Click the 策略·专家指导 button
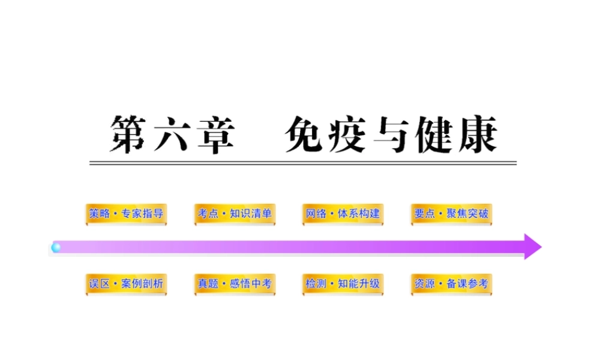[126, 214]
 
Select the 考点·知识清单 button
[235, 214]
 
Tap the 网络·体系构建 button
[343, 214]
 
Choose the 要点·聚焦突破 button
[451, 214]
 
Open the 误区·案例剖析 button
[126, 284]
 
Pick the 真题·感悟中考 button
[235, 284]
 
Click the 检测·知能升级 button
[343, 284]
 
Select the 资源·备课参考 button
[451, 284]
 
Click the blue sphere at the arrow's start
[56, 247]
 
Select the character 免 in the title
[305, 134]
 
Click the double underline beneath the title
[303, 163]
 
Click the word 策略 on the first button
[100, 214]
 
